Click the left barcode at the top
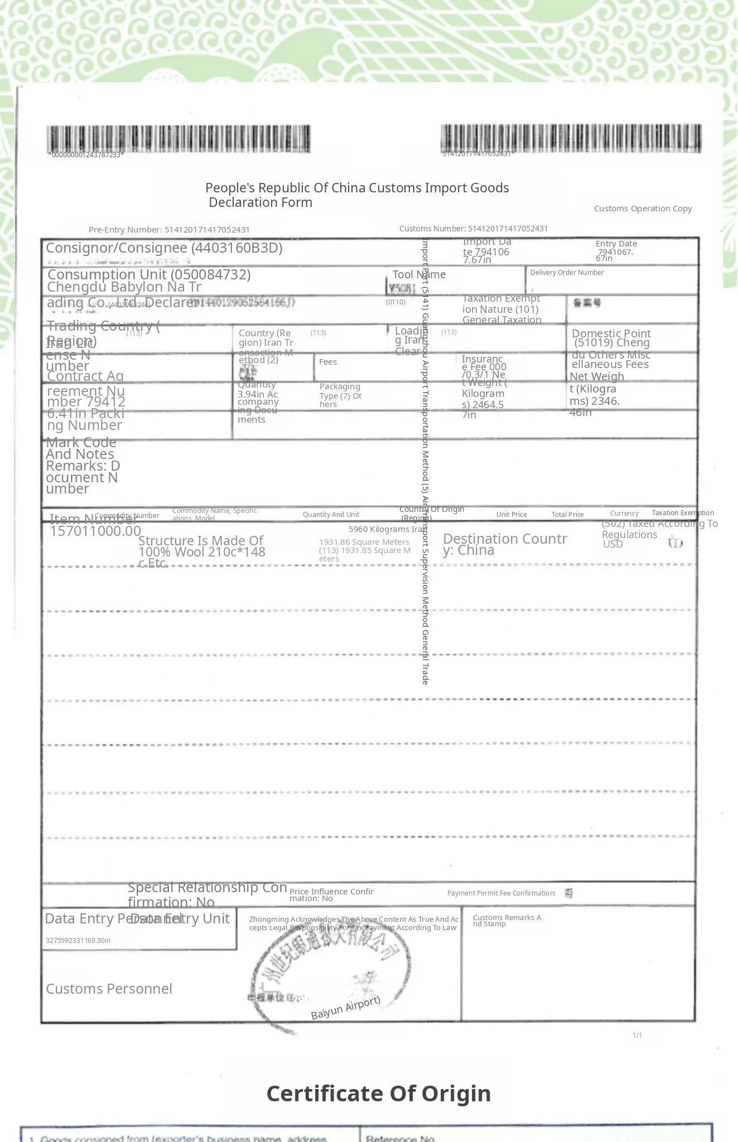179,139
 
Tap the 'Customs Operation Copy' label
643,209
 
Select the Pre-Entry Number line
169,230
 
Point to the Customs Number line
474,229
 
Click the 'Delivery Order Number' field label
567,273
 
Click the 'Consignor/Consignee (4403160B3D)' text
164,248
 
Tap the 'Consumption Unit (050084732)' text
149,274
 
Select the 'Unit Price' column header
512,515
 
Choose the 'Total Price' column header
567,515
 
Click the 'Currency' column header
624,514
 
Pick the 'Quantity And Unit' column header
331,515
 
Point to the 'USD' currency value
612,544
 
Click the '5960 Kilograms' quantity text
379,529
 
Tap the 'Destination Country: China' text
505,544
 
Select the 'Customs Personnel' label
109,989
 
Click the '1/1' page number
637,1035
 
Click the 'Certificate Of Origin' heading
379,1093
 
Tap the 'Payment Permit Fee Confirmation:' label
501,893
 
